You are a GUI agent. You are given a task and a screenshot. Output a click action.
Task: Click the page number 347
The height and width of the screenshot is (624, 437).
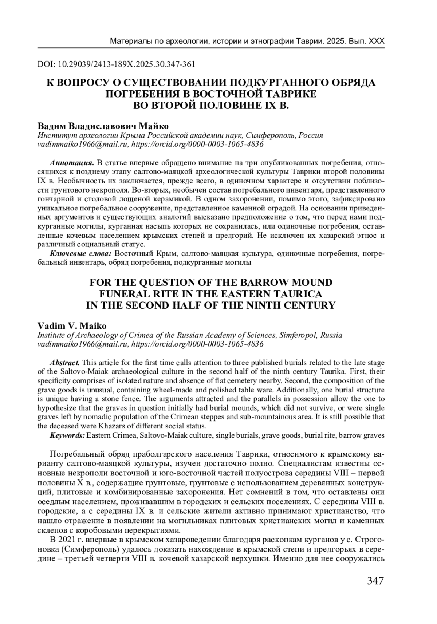coord(375,581)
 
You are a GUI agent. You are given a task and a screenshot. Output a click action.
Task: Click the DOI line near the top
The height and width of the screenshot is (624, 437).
coord(116,64)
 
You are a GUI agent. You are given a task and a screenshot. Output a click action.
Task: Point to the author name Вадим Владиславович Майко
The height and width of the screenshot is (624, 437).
coord(103,126)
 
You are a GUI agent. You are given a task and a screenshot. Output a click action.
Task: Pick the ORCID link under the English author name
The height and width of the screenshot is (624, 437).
coord(197,344)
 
